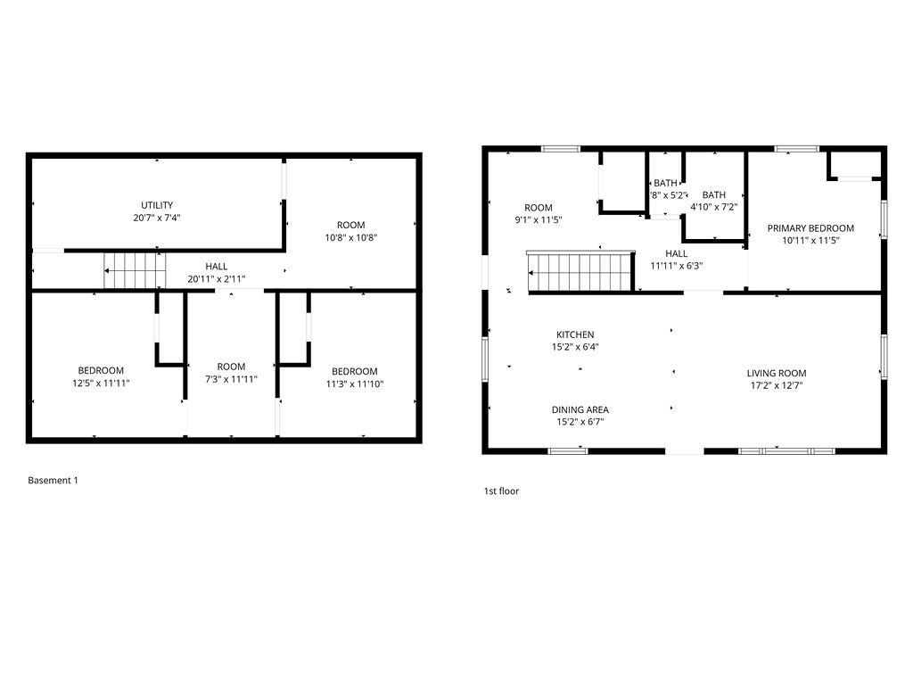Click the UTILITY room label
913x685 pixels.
(157, 205)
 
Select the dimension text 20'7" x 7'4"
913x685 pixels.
(157, 218)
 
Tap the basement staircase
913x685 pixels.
(136, 270)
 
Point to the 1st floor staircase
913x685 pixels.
(580, 271)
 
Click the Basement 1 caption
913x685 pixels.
(53, 481)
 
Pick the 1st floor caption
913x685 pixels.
(501, 491)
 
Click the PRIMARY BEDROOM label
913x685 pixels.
(810, 228)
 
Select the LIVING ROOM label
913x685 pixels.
(777, 374)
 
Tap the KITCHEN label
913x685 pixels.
(575, 335)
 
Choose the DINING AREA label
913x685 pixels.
(580, 410)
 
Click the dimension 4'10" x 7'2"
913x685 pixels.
(714, 207)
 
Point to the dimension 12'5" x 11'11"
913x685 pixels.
(101, 384)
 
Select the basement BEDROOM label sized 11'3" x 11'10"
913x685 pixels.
(355, 372)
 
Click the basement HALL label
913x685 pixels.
(216, 267)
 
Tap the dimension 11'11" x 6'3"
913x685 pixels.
(677, 266)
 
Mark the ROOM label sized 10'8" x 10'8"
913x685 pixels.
(351, 226)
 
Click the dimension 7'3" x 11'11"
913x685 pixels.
(231, 379)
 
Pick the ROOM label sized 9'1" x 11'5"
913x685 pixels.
(539, 208)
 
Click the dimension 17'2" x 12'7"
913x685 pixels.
(777, 385)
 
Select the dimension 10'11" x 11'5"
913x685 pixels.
(810, 241)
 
